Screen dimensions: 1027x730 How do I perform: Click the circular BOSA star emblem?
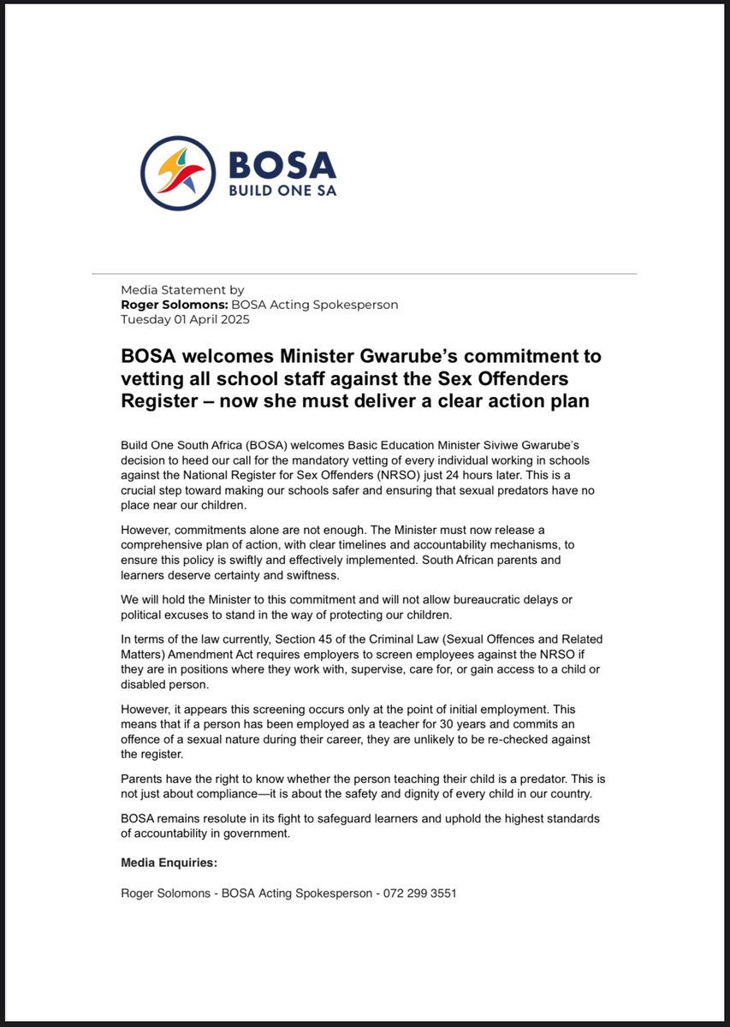pyautogui.click(x=178, y=173)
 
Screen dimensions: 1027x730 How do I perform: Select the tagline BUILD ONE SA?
pyautogui.click(x=282, y=190)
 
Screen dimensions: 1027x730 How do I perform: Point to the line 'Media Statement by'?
pyautogui.click(x=182, y=291)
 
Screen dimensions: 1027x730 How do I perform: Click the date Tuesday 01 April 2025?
pyautogui.click(x=186, y=318)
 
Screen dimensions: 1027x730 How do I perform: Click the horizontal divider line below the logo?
pyautogui.click(x=365, y=274)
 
